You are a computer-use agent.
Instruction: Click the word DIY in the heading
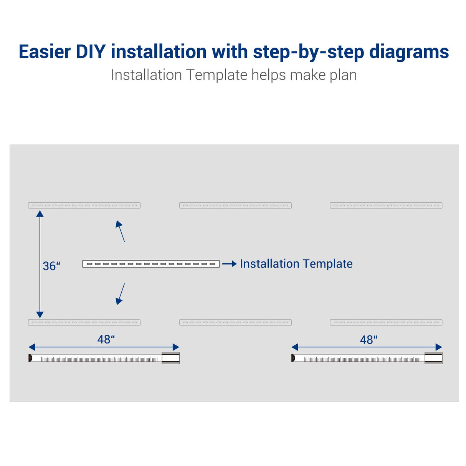(91, 51)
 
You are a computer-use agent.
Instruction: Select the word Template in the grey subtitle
(216, 75)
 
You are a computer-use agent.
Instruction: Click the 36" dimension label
(51, 266)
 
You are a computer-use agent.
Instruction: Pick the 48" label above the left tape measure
(106, 339)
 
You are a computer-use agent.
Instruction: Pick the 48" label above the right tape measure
(368, 340)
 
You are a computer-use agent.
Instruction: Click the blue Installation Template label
(296, 264)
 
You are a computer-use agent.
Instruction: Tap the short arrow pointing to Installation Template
(229, 264)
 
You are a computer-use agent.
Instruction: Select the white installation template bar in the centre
(151, 264)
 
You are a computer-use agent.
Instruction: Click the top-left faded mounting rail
(84, 205)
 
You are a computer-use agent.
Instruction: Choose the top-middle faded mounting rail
(235, 205)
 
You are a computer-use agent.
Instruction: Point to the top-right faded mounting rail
(386, 205)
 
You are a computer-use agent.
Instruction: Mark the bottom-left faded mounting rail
(84, 322)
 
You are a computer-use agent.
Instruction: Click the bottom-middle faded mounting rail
(235, 322)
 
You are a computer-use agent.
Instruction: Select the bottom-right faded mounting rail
(386, 322)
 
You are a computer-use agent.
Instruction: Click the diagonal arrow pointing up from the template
(121, 231)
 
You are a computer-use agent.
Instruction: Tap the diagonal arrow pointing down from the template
(121, 294)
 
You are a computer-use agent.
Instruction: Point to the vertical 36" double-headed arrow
(40, 264)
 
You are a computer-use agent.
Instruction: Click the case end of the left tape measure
(170, 358)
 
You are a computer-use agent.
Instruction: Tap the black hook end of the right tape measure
(293, 358)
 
